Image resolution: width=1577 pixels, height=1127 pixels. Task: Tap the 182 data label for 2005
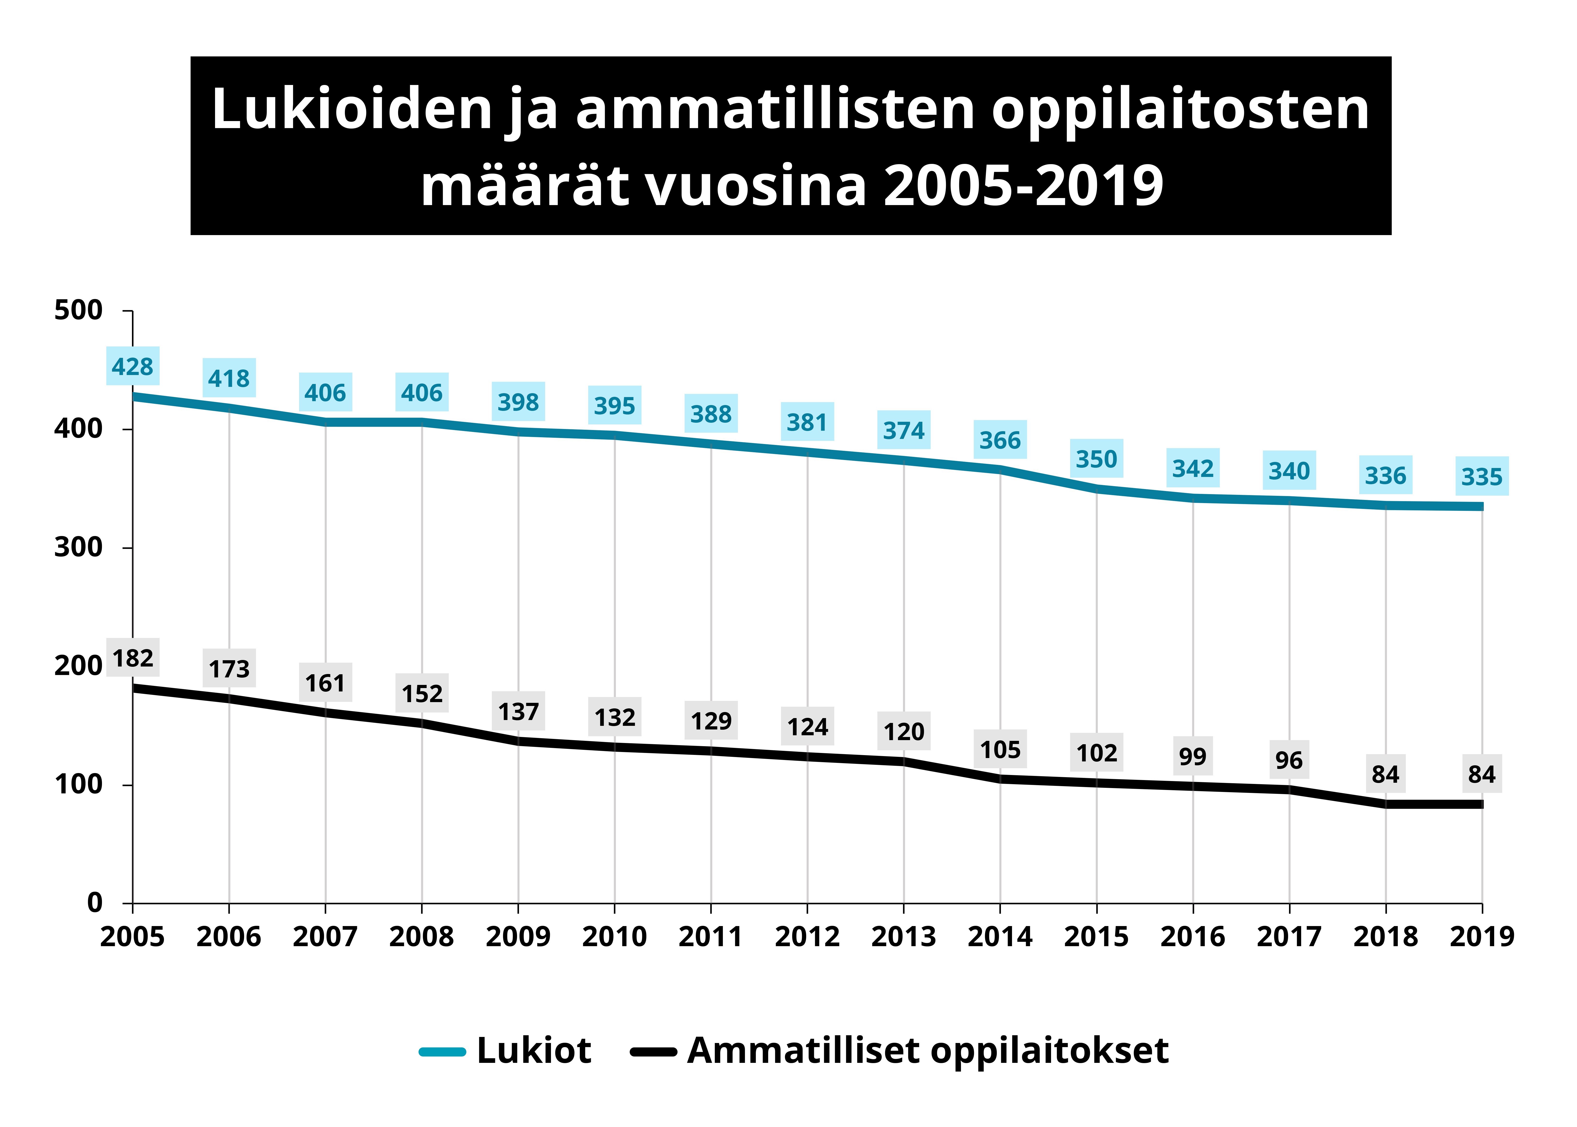[x=132, y=657]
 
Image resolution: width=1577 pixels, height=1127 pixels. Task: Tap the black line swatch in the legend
[x=652, y=1051]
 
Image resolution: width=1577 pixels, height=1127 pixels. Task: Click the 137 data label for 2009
[x=518, y=711]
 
